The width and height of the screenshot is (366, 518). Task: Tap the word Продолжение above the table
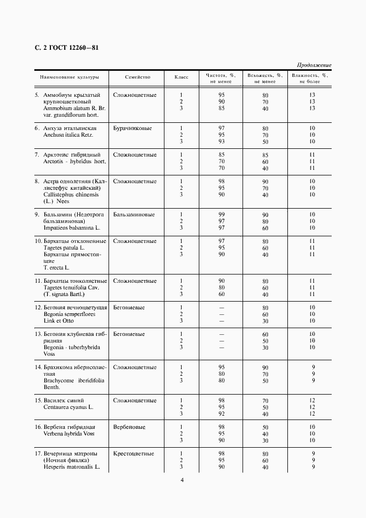[314, 65]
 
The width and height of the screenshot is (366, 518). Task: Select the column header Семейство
[138, 77]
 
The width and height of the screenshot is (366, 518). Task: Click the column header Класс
[181, 77]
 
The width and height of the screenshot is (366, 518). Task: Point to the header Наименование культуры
[69, 77]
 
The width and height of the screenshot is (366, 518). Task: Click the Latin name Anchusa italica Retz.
[69, 135]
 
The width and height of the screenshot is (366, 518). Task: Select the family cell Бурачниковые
[132, 128]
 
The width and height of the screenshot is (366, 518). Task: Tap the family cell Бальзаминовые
[134, 215]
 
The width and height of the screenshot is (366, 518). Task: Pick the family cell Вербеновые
[129, 427]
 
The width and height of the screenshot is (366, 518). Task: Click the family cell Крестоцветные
[133, 454]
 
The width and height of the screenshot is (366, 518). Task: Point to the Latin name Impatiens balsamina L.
[72, 228]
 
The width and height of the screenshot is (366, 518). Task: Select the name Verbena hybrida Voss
[69, 434]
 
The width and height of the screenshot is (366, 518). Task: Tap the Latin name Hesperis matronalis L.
[71, 467]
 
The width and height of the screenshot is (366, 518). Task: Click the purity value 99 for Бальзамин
[221, 215]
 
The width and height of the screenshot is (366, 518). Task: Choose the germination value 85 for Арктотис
[265, 155]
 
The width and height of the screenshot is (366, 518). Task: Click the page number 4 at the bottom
[182, 495]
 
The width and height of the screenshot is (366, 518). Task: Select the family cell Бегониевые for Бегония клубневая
[129, 334]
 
